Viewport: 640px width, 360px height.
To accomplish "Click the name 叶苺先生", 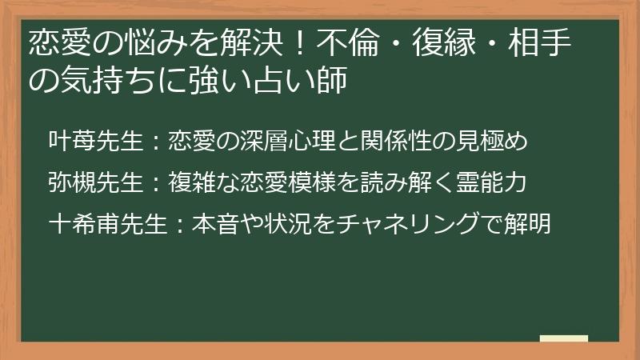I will [x=94, y=142].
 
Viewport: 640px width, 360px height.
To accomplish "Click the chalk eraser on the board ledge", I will [x=563, y=339].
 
